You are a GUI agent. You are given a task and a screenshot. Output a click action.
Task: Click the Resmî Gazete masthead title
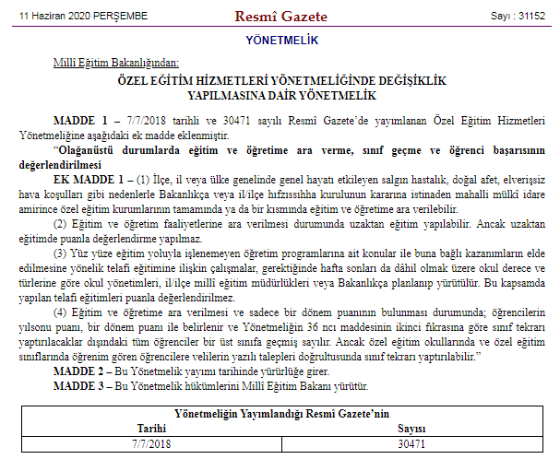pos(279,16)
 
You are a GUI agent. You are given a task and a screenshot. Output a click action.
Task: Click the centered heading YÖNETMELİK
pos(281,40)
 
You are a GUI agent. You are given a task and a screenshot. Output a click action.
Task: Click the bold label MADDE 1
pos(80,121)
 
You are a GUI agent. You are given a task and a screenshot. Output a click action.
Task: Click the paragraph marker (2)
pos(61,223)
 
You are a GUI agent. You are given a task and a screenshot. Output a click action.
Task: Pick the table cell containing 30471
pos(411,443)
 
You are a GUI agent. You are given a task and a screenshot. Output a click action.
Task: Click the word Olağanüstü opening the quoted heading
pos(88,147)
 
